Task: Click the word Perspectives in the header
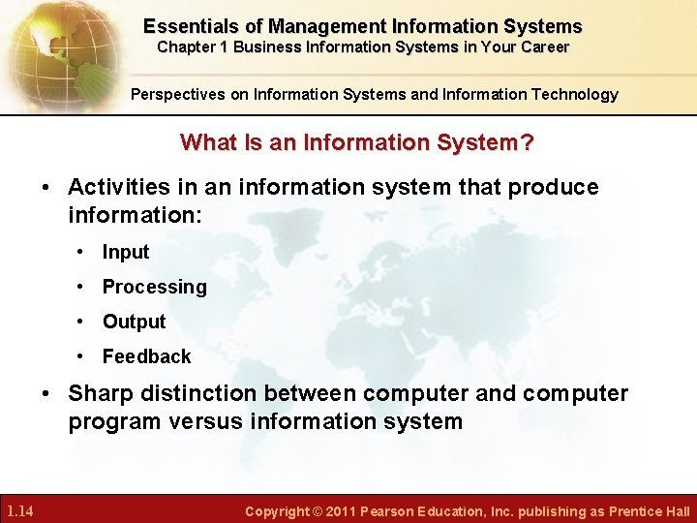176,94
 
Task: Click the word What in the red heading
206,142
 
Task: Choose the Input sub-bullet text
126,252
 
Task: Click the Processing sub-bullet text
154,287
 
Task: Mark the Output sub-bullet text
134,322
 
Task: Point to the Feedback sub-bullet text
146,356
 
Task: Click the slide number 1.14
20,510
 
